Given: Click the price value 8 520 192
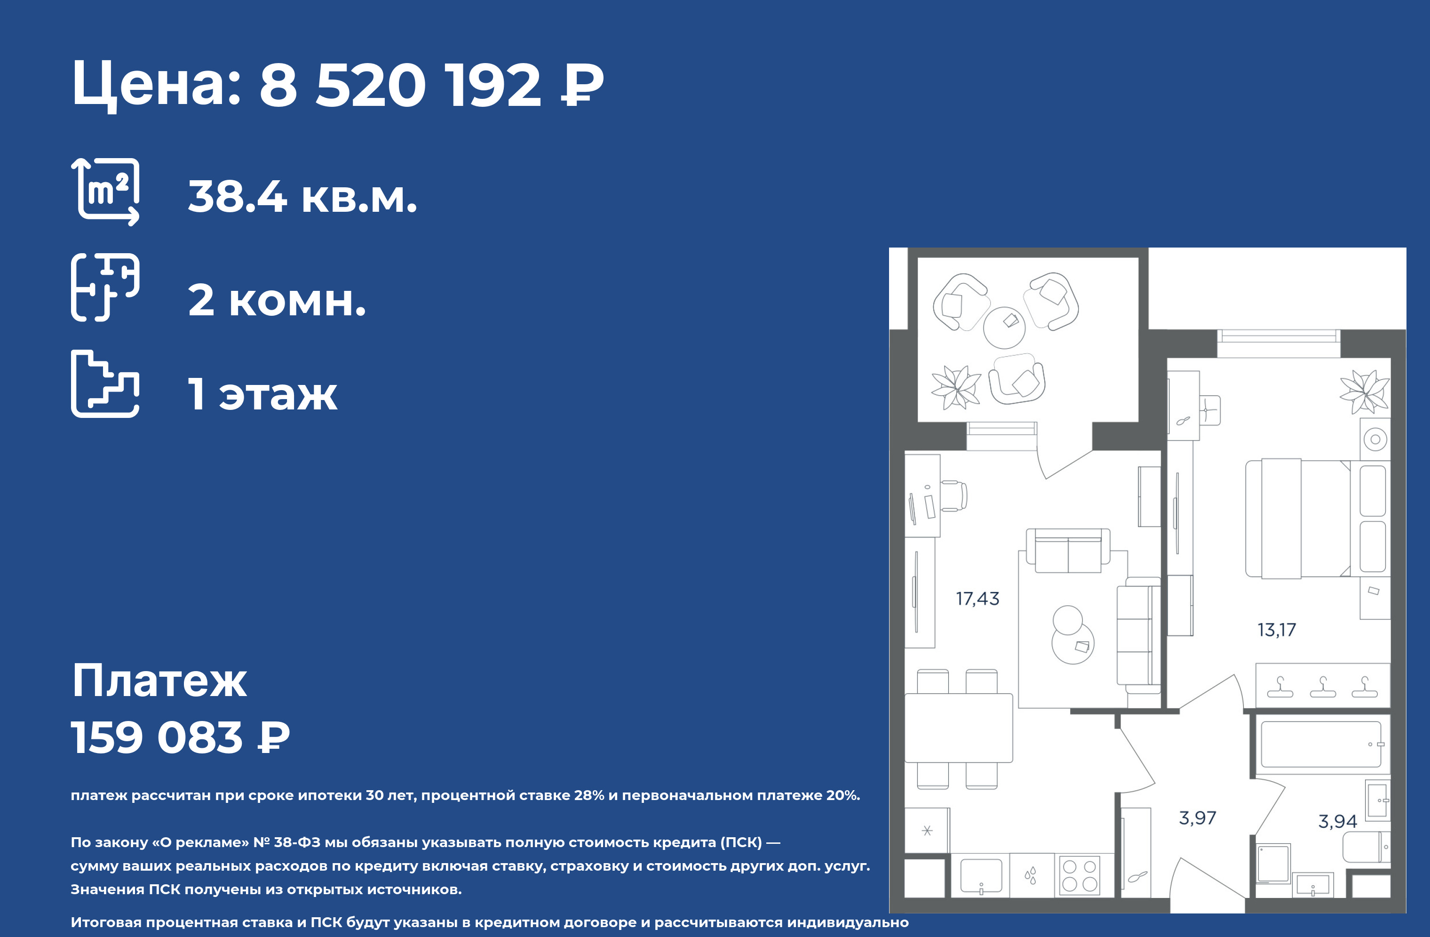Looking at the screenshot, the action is [401, 85].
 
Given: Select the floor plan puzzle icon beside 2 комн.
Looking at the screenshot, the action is [105, 287].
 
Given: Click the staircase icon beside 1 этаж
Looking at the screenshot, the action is [105, 384].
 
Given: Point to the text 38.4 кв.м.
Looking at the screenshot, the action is [302, 197].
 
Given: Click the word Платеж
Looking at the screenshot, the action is [159, 681].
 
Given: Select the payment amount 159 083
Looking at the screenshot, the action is [157, 737].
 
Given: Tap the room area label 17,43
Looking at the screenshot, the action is [977, 599].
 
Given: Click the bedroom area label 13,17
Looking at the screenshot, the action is [1277, 630].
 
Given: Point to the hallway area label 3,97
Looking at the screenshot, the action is [1198, 818].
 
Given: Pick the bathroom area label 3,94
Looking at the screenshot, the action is [1337, 822].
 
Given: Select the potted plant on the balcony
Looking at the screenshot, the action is [955, 387].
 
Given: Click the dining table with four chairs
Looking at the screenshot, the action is [958, 729].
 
